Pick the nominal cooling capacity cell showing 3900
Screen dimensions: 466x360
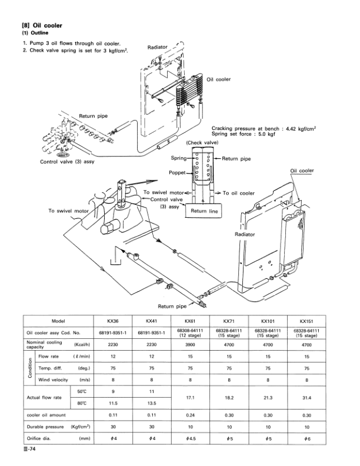click(x=189, y=345)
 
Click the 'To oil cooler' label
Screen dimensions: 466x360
click(x=238, y=192)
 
